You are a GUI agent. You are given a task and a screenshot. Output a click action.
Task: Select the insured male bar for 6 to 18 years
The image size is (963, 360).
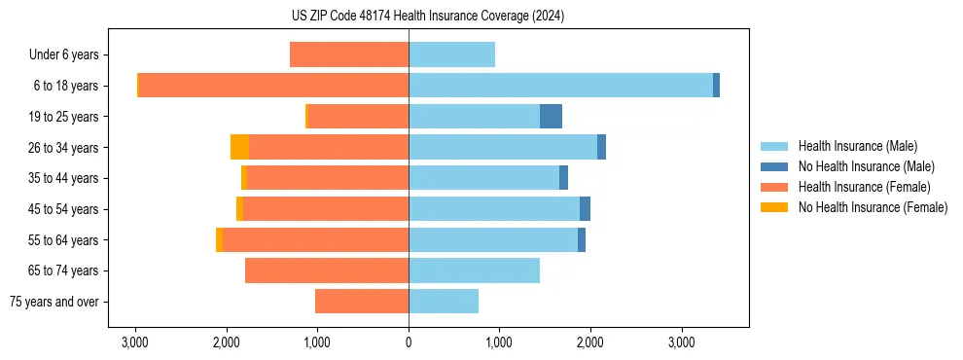coord(560,86)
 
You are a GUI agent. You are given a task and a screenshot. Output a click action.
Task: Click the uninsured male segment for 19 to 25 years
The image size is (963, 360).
coord(551,117)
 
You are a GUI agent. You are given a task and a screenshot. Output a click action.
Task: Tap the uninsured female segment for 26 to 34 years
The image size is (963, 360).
coord(239,147)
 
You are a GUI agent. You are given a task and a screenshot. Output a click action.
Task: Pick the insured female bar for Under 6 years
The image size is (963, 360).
coord(349,55)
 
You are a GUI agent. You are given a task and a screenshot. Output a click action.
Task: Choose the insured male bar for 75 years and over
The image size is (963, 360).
coord(444,302)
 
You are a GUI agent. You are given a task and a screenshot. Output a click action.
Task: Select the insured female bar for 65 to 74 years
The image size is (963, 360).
coord(327,270)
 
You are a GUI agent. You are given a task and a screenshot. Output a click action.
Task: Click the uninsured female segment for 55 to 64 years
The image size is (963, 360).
coord(219,240)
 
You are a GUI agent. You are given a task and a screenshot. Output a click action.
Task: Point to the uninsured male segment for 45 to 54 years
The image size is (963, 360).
coord(585,209)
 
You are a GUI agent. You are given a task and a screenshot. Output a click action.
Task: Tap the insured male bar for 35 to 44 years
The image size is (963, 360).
coord(483,178)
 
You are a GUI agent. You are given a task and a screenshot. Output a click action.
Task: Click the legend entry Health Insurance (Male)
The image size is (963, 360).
coord(857,146)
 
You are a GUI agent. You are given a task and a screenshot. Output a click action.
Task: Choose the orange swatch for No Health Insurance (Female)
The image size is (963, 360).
coord(774,207)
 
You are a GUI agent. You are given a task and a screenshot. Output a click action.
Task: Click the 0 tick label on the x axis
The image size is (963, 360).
coord(409,342)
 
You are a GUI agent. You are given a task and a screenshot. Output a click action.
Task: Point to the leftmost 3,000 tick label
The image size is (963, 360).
coord(135,342)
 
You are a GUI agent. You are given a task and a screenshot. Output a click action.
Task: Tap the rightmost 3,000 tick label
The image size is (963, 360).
coord(682,342)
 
